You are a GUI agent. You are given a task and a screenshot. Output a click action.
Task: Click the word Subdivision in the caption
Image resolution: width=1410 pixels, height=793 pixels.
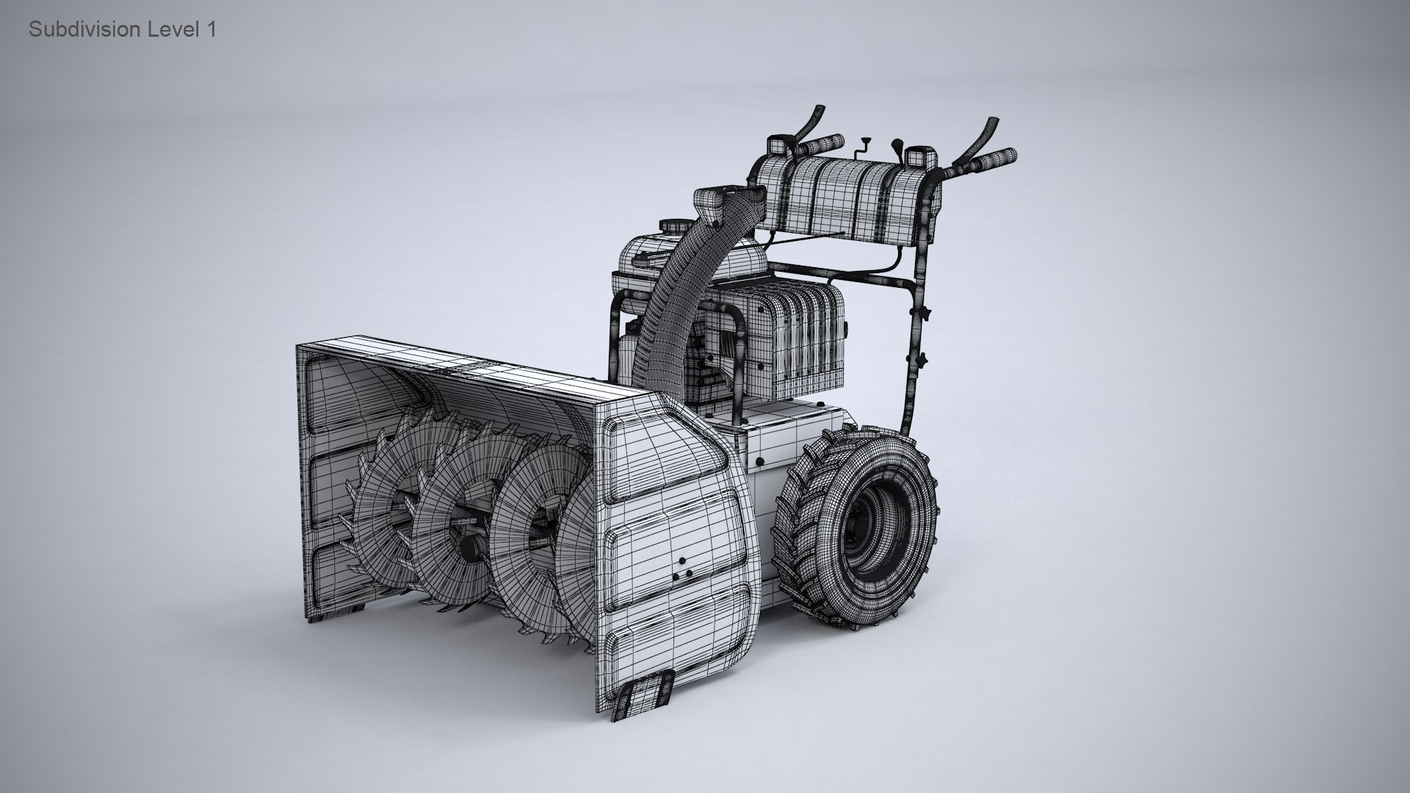point(84,30)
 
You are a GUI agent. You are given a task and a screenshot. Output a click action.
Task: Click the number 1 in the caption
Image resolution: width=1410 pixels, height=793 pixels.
point(211,30)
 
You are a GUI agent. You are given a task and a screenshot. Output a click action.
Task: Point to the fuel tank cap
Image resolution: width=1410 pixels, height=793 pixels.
point(670,225)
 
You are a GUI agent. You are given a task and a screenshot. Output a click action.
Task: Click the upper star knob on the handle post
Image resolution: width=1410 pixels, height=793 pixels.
point(928,314)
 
